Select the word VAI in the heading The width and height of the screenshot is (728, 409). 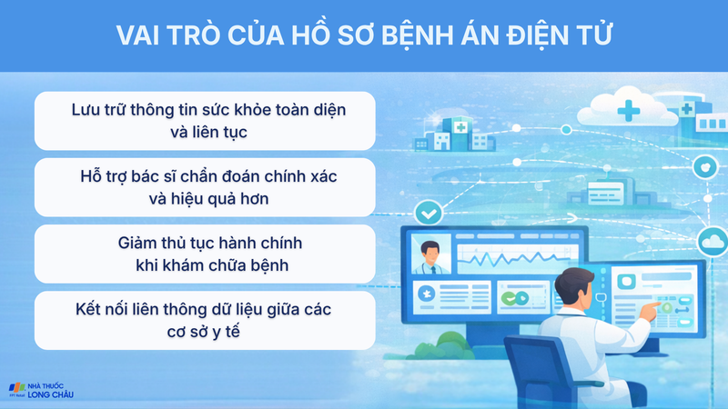coord(139,35)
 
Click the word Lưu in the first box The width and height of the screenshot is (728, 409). coord(88,109)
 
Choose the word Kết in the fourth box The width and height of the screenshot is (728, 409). coord(91,309)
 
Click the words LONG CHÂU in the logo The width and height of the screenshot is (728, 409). coord(51,394)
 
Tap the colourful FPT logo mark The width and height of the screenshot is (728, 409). coord(15,387)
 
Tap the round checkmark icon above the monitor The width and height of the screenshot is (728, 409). coord(427,214)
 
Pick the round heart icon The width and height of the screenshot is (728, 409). coord(703,167)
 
